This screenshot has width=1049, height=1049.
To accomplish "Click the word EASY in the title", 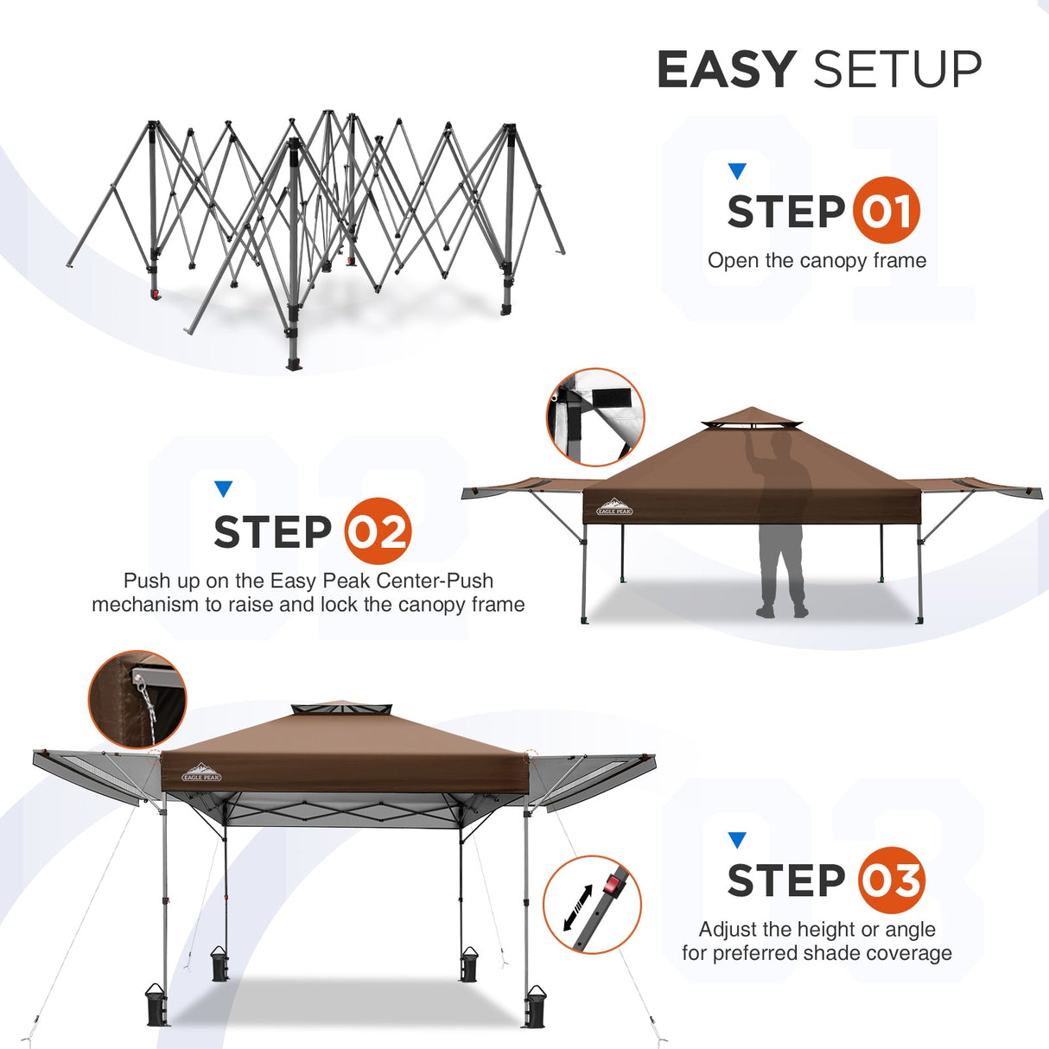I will click(726, 69).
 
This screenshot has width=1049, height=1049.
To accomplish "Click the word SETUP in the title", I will click(897, 69).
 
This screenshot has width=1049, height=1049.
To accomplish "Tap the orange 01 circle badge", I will click(886, 210).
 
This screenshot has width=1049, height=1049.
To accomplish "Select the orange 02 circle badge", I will click(378, 531).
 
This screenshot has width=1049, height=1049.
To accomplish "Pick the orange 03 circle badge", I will click(891, 881).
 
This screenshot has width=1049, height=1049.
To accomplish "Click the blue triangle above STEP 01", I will click(736, 171).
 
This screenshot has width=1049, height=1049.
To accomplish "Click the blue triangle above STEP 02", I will click(223, 489).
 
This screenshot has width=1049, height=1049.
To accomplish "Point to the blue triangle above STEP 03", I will click(736, 840).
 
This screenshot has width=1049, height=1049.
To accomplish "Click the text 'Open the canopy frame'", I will click(817, 260).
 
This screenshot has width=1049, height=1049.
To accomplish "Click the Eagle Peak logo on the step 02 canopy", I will click(614, 507).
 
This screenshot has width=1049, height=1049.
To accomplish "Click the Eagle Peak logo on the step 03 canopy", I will click(201, 772).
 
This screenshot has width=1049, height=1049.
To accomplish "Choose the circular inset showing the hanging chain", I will click(137, 699).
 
